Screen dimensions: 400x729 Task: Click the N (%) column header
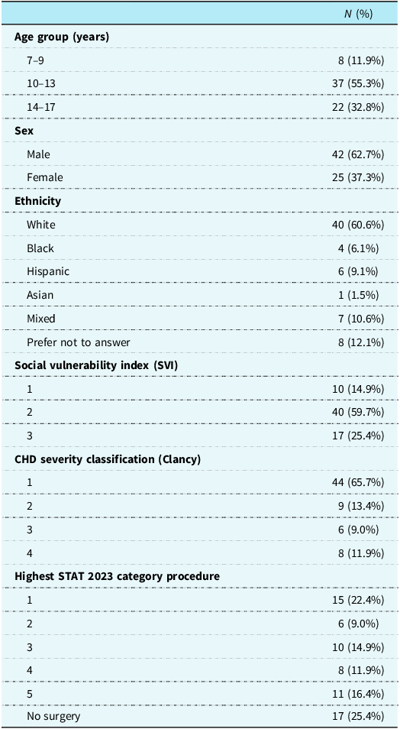click(x=358, y=14)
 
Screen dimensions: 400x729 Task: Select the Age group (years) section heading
click(x=62, y=37)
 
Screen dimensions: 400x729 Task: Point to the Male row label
click(x=37, y=154)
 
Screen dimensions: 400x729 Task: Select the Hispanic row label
click(x=44, y=271)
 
